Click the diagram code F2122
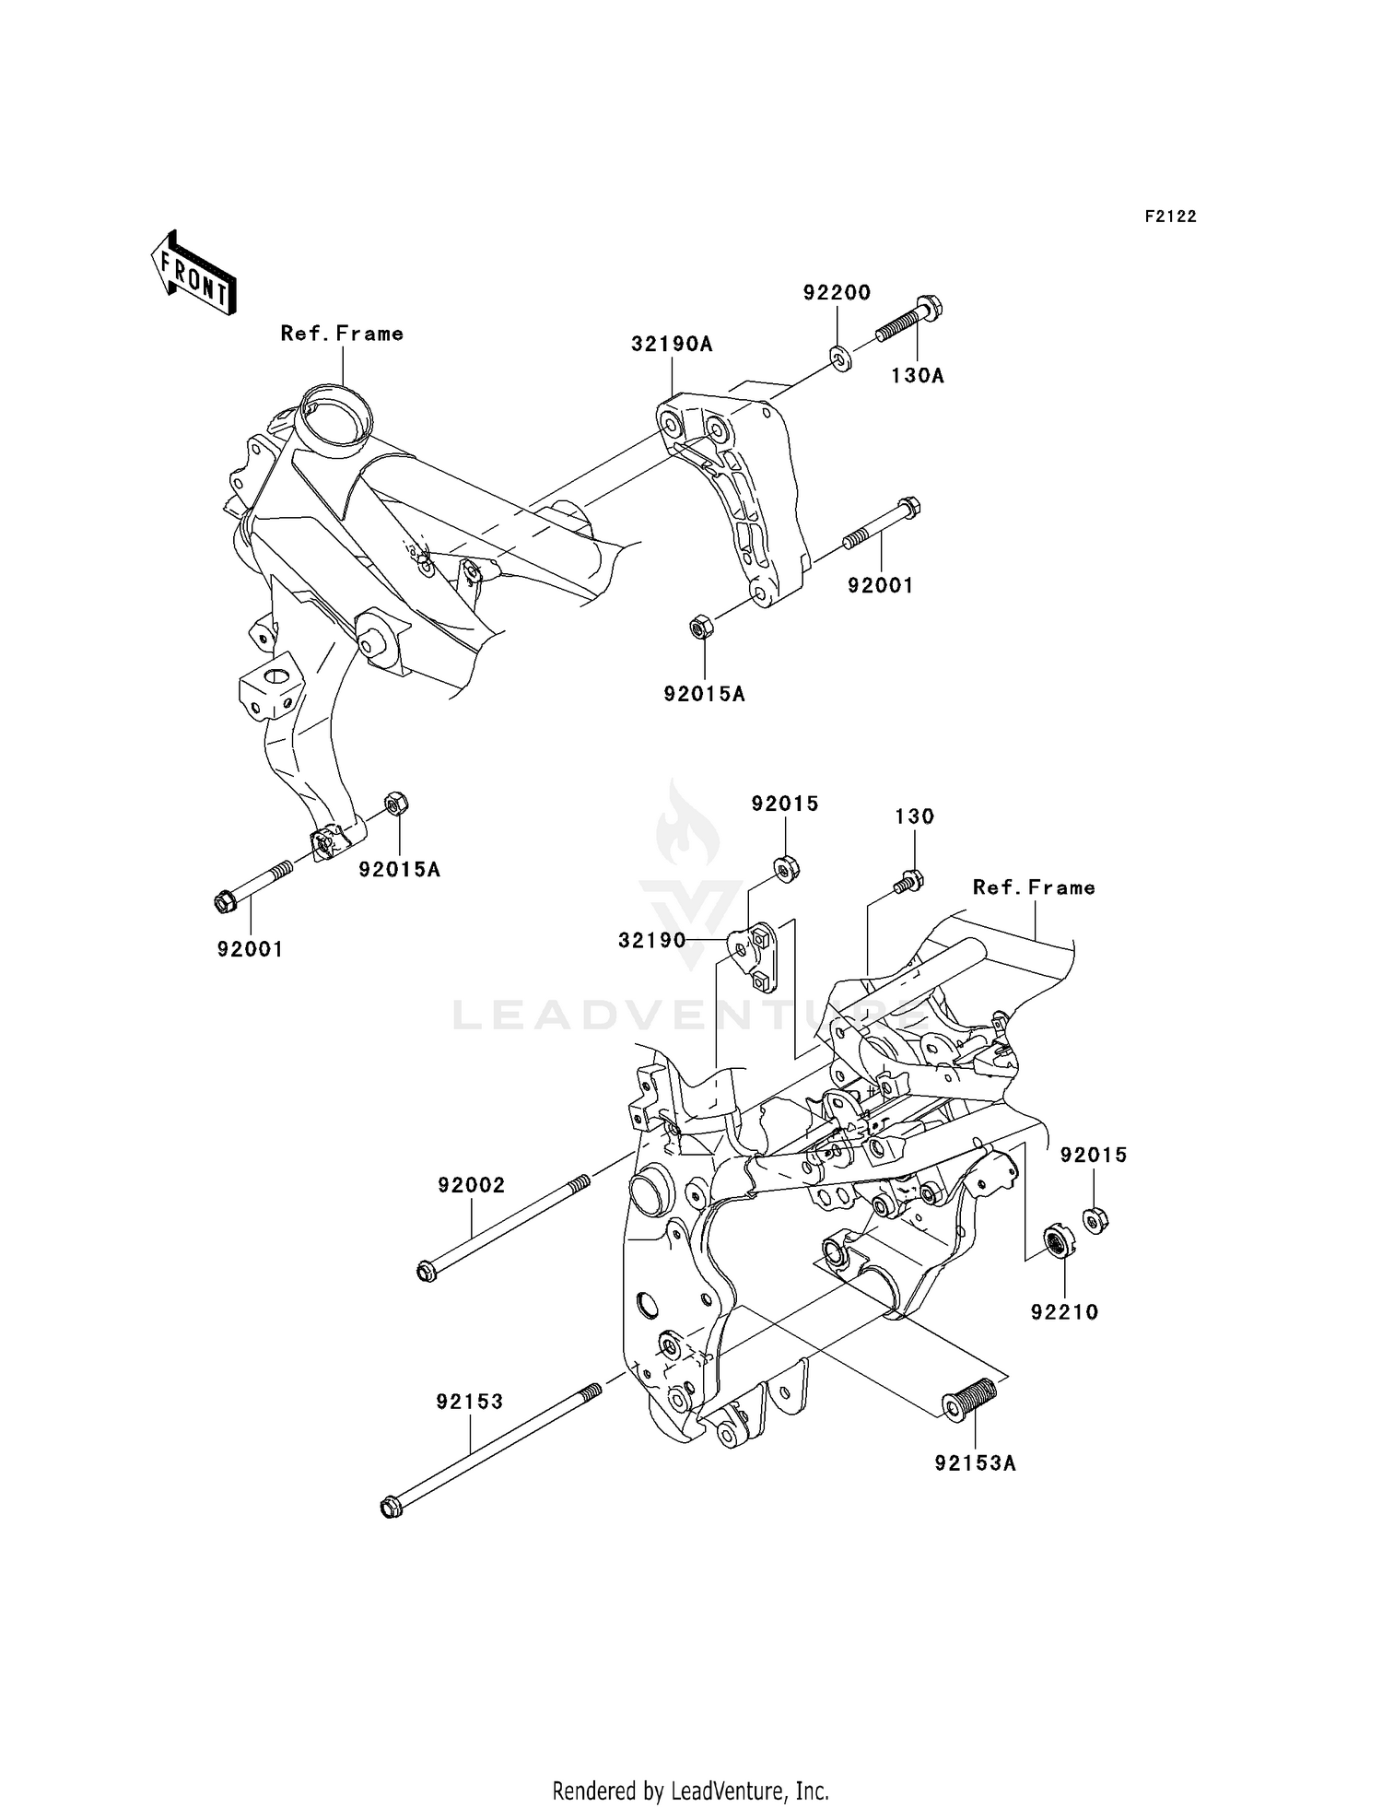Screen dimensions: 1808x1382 (1170, 217)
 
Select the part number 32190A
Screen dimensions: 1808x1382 (672, 345)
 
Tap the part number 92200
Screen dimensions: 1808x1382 (837, 293)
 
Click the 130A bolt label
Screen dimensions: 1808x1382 (917, 376)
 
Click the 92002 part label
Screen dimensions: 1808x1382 (472, 1185)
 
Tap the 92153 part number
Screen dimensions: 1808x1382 (470, 1402)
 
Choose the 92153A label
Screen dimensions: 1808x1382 (975, 1463)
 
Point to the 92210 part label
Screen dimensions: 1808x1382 (1064, 1312)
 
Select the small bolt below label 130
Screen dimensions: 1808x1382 (909, 881)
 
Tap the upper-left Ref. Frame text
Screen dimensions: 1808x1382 (342, 334)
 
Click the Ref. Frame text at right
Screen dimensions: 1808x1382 (1034, 887)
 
